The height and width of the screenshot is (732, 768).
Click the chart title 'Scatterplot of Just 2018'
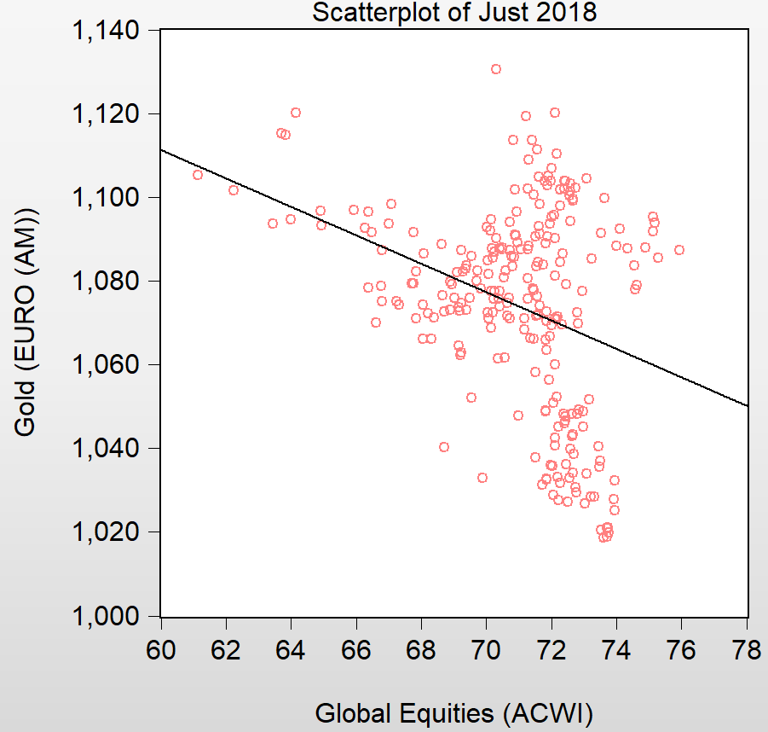[454, 13]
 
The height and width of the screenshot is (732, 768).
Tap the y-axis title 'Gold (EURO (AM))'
[26, 322]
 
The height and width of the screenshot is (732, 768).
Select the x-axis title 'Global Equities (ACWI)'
[454, 712]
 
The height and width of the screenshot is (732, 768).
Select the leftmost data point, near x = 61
[198, 175]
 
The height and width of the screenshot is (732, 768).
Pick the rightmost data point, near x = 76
[679, 250]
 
